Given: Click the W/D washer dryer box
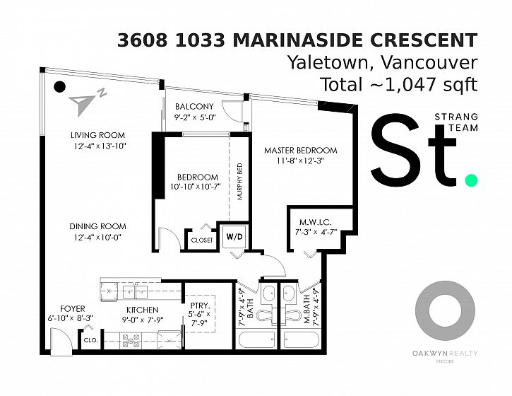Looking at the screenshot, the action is pos(235,236).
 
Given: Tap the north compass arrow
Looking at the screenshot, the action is pos(83,104).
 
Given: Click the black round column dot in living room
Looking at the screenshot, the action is pos(59,87).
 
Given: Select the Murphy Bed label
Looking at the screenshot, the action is pos(240,182).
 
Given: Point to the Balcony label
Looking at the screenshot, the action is pos(194,107).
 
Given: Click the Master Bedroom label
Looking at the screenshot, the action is pos(300,151).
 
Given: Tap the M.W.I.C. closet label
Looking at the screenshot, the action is pos(316,223).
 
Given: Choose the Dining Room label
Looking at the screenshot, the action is pos(97,226).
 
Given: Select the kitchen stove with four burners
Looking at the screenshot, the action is pos(131,341).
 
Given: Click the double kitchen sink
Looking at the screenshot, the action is pos(135,292).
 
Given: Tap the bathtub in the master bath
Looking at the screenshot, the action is pos(301,340).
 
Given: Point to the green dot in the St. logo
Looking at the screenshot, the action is pos(471,180).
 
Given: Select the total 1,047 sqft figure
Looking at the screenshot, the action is pos(399,84).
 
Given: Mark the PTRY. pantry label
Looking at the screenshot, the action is pos(200,305).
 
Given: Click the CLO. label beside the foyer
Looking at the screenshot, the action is pos(91,340).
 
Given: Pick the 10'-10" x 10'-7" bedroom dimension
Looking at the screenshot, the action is pos(196,187).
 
